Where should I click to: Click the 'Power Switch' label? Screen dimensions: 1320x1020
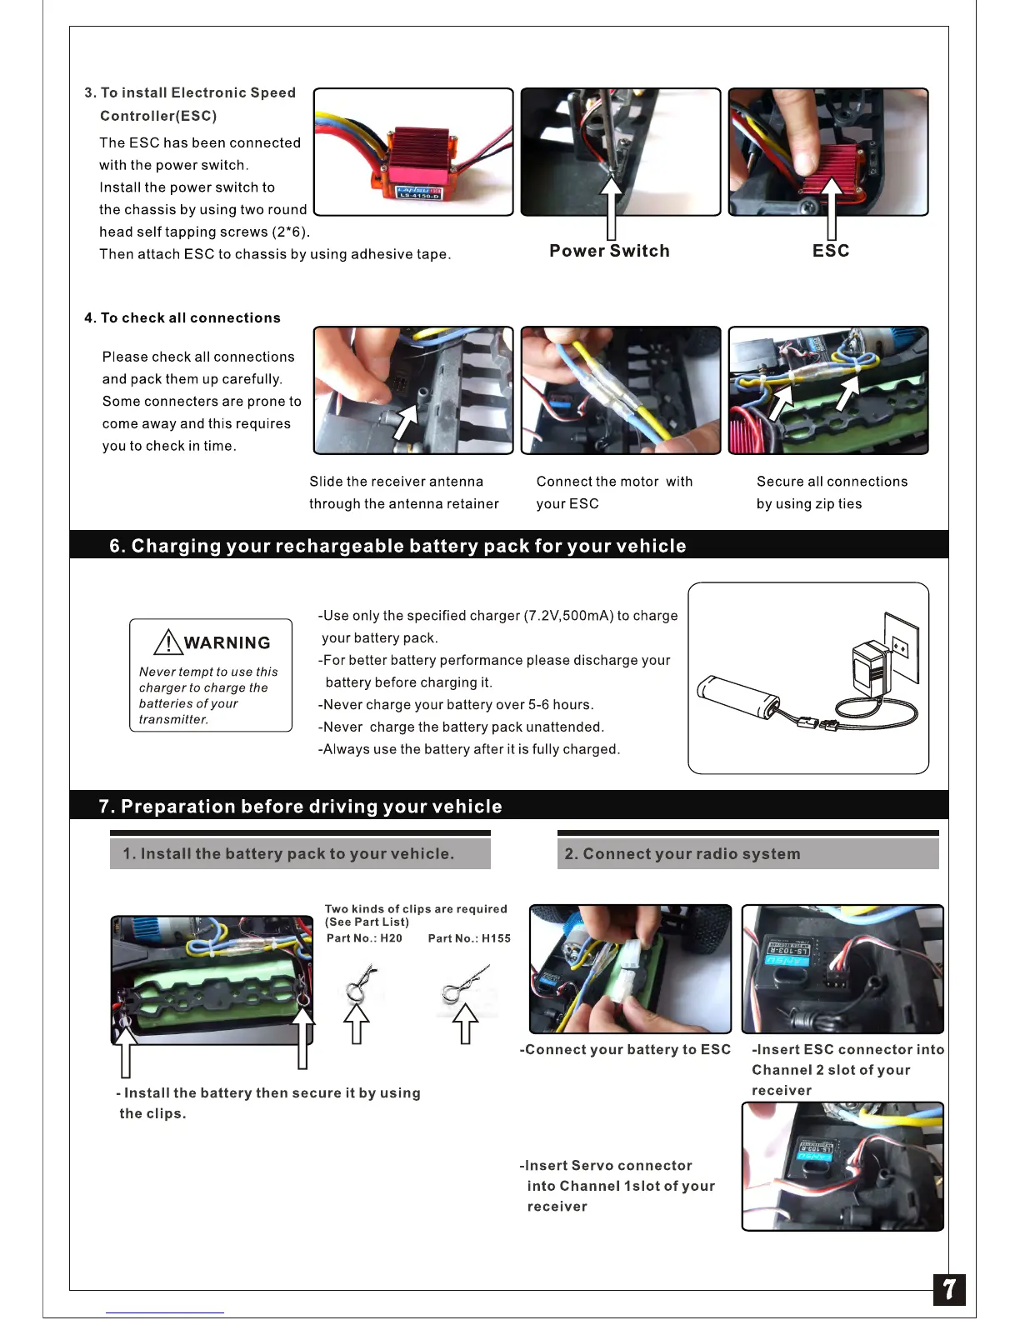click(x=609, y=251)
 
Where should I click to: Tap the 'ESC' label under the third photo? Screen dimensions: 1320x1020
click(x=831, y=251)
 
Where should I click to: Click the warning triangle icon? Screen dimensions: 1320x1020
click(x=168, y=642)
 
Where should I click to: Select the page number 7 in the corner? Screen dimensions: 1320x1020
click(x=949, y=1290)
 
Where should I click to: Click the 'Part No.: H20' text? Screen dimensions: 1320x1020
click(x=364, y=938)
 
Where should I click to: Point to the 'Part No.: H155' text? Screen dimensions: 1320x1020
click(x=469, y=938)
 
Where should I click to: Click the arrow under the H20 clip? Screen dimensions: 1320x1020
click(x=357, y=1022)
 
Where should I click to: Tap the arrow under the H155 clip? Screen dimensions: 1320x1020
click(x=465, y=1023)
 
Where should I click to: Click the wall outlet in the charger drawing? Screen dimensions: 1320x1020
click(x=901, y=647)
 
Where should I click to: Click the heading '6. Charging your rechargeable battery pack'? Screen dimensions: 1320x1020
click(x=397, y=546)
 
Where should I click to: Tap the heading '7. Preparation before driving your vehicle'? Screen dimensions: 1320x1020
click(x=301, y=807)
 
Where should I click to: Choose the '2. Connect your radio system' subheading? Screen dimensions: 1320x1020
click(x=682, y=854)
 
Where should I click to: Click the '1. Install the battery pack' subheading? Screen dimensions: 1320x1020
click(x=288, y=854)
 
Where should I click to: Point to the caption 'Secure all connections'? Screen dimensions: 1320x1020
click(x=832, y=482)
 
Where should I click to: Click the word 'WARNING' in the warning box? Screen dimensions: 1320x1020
click(x=227, y=642)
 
